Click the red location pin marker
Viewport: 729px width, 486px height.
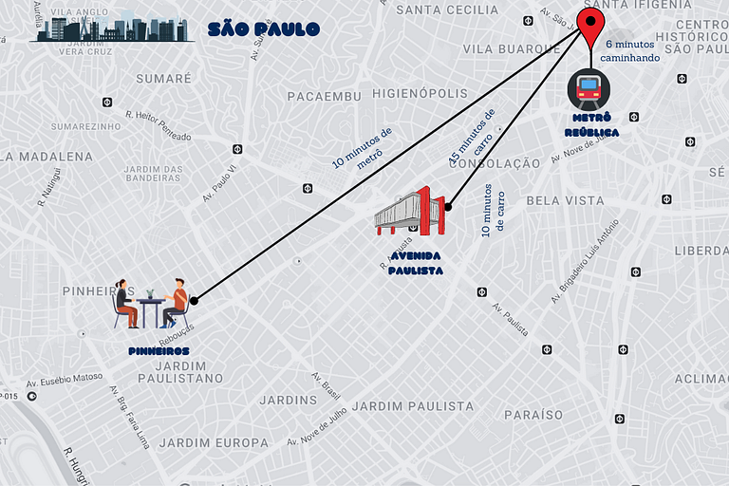(592, 28)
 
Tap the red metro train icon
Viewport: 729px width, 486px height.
(589, 90)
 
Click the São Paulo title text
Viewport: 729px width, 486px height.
(263, 29)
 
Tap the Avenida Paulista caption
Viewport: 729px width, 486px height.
(415, 263)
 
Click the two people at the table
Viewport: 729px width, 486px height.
(151, 304)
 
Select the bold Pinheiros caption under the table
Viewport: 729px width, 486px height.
(159, 350)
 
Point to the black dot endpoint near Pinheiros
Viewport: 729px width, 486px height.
(194, 300)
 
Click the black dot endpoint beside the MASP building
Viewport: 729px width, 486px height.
(448, 205)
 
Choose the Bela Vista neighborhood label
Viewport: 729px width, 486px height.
(565, 200)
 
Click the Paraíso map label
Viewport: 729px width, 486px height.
(533, 415)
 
